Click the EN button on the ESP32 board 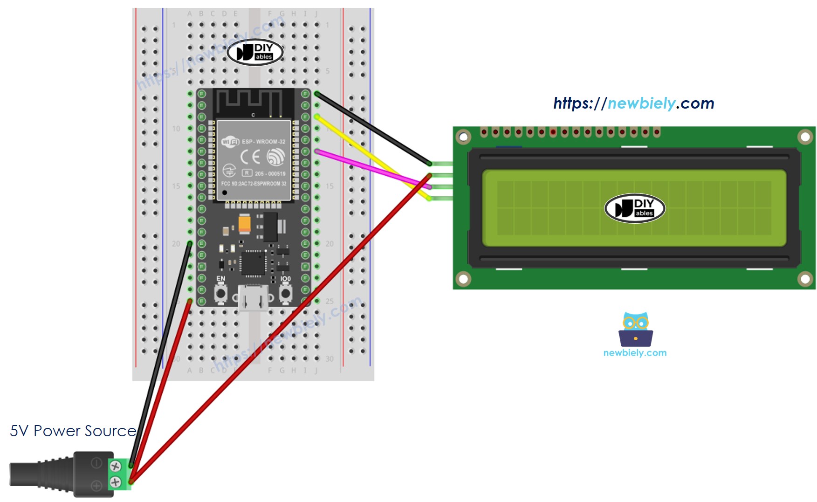coord(220,294)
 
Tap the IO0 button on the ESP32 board coord(285,294)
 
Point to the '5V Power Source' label coord(73,431)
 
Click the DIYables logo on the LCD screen coord(634,208)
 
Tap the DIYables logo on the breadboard coord(255,52)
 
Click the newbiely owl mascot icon coord(635,329)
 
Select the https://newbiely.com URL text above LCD coord(633,103)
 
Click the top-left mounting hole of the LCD coord(463,137)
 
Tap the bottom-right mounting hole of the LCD coord(805,279)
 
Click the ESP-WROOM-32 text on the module coord(263,141)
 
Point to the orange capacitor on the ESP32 coord(244,223)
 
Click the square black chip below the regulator coord(253,263)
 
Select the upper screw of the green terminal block coord(115,466)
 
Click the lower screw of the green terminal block coord(115,482)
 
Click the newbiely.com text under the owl coord(635,353)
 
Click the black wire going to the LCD coord(373,129)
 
